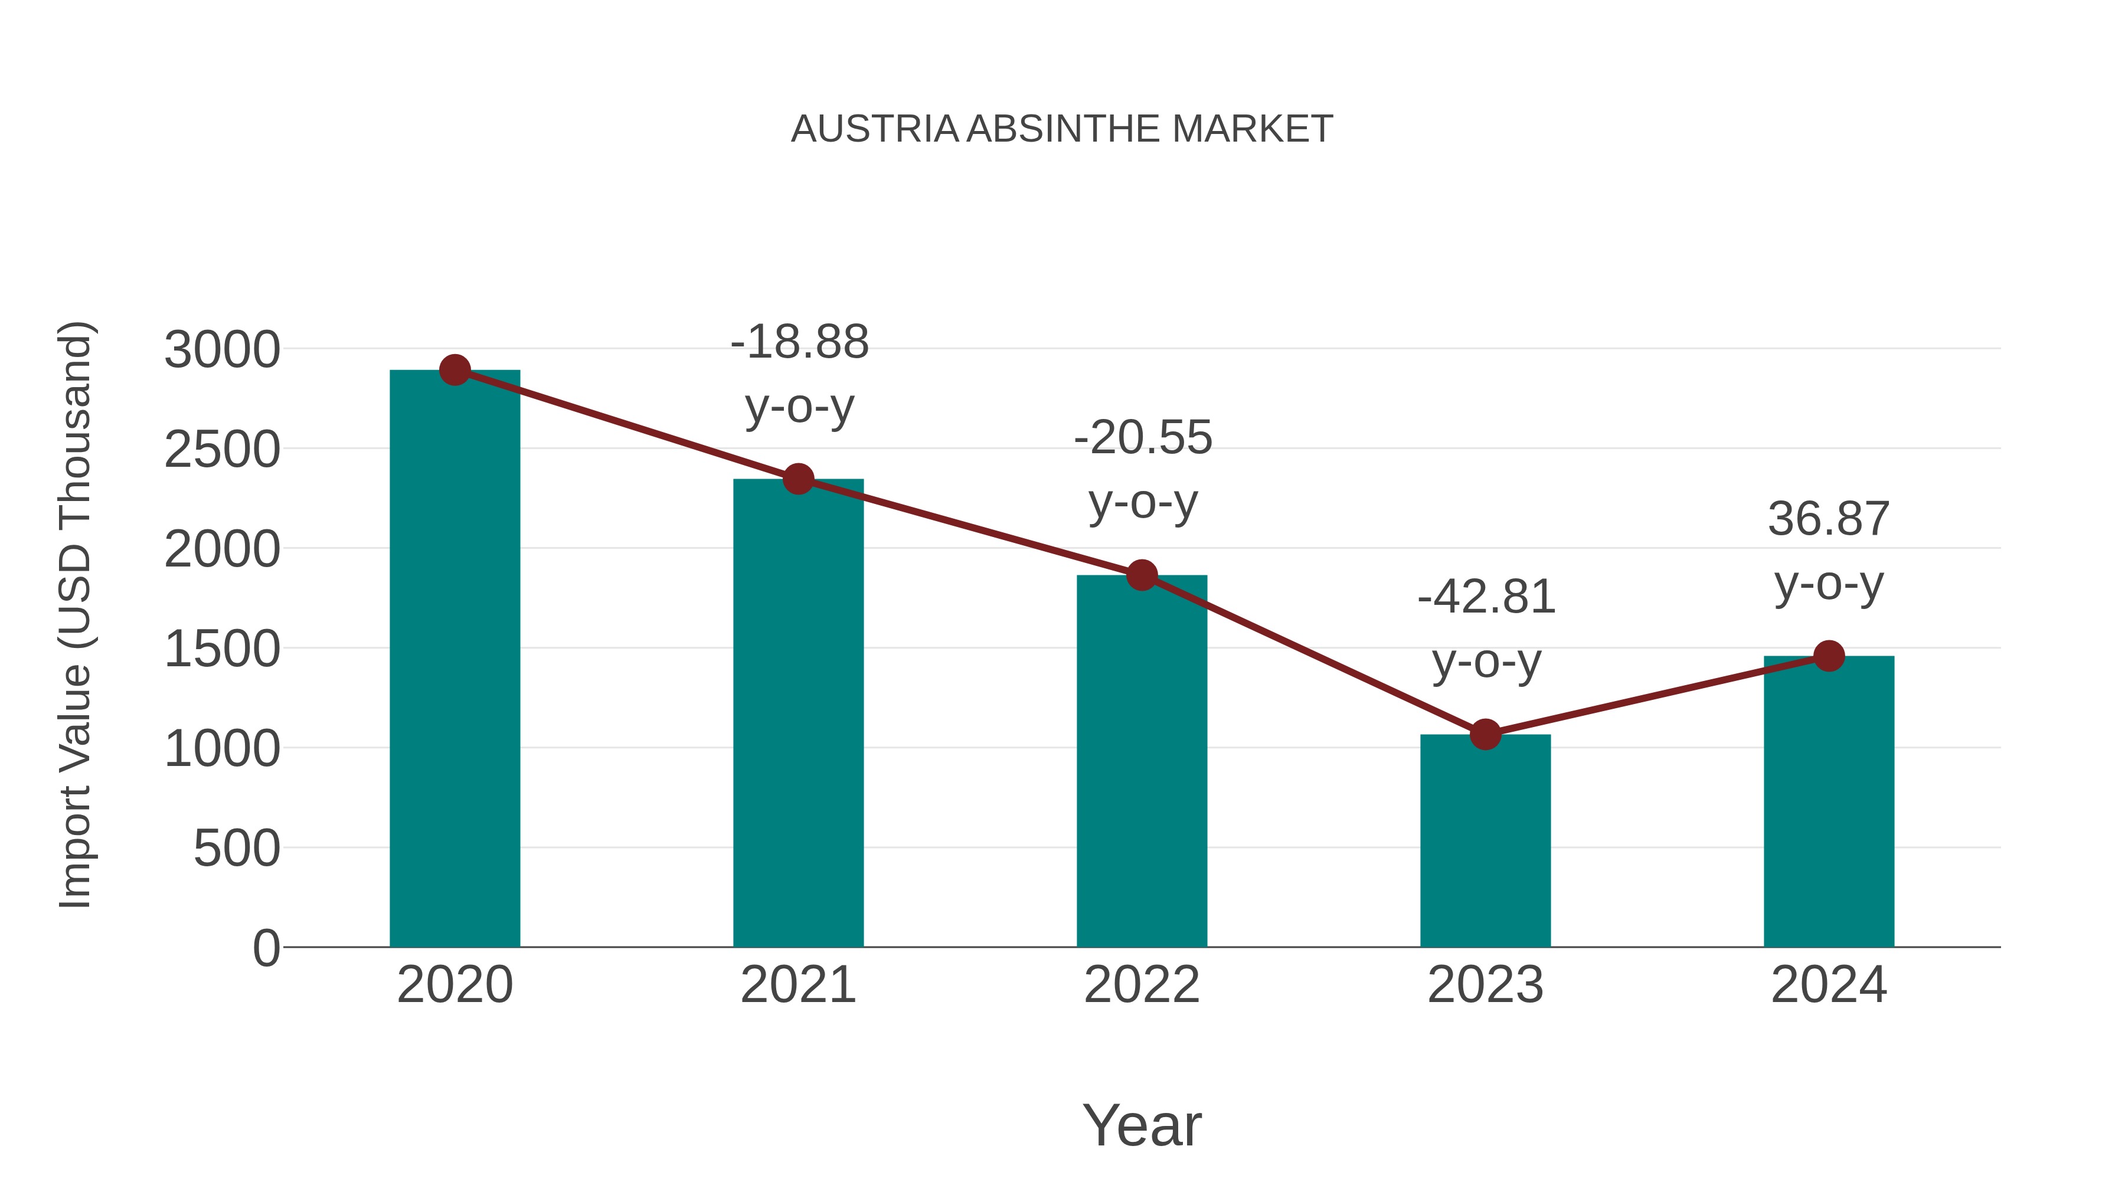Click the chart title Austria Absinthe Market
(1062, 129)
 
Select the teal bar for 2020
(455, 660)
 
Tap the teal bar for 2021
(797, 713)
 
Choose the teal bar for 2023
(1485, 841)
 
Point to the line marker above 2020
(455, 370)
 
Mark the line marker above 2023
(1485, 734)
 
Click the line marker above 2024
(1829, 656)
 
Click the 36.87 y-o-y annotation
(1829, 551)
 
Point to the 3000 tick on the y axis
(222, 350)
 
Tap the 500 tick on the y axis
(237, 849)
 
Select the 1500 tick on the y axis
(222, 649)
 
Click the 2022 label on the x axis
(1142, 985)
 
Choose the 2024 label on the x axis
(1829, 985)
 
